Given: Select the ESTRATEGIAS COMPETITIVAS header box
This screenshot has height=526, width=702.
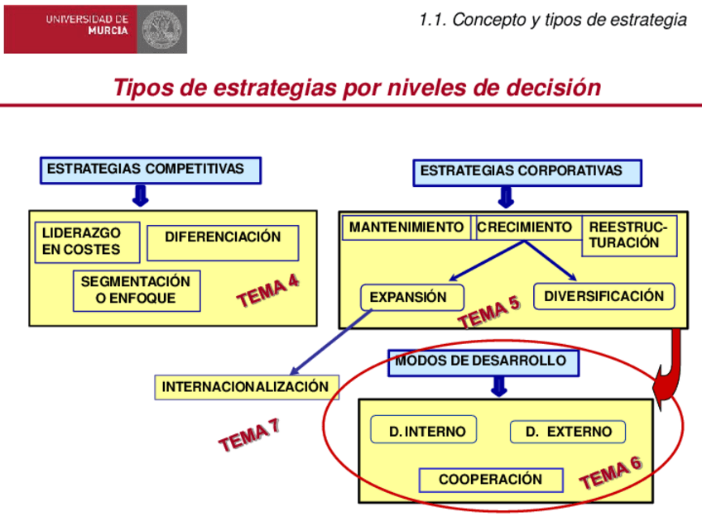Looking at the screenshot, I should click(x=150, y=170).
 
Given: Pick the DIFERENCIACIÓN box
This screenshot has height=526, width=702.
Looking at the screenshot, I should click(x=223, y=237).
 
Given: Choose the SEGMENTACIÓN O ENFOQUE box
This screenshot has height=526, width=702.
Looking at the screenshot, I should click(x=136, y=290).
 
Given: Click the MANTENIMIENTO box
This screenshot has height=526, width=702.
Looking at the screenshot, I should click(x=406, y=227).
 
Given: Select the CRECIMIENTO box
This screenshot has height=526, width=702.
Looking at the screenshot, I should click(x=525, y=227).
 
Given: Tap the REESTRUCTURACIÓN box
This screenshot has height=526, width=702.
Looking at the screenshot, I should click(x=628, y=236).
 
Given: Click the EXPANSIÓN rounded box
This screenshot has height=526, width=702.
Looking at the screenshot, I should click(x=411, y=297).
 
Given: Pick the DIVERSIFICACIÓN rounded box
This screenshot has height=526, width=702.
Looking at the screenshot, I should click(x=603, y=296).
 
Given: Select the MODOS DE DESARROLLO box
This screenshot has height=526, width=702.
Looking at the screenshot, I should click(x=483, y=362).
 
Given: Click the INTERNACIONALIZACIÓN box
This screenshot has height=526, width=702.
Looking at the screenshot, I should click(x=246, y=387).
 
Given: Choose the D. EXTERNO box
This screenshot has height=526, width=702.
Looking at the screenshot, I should click(x=567, y=432).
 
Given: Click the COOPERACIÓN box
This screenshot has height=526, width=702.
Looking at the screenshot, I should click(x=490, y=480).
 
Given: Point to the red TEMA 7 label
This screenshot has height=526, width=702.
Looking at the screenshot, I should click(x=248, y=436).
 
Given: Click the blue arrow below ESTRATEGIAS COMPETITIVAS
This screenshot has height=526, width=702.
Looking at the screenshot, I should click(x=140, y=196).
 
